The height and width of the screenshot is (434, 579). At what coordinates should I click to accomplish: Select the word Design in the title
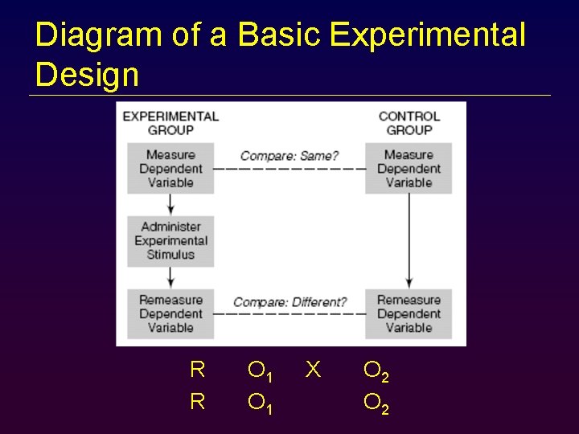tap(87, 75)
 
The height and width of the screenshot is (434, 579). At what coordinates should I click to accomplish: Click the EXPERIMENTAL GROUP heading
tap(170, 123)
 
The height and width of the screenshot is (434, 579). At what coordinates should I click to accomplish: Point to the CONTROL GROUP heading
tap(409, 123)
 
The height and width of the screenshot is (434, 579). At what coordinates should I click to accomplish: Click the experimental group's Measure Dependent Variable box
tap(170, 169)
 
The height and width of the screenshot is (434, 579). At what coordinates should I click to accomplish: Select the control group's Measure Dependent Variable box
tap(409, 169)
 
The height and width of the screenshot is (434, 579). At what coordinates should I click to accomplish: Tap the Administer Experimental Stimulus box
tap(170, 240)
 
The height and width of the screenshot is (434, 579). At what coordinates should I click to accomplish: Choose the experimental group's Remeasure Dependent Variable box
tap(170, 313)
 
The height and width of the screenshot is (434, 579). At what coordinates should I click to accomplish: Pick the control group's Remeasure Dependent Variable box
tap(409, 313)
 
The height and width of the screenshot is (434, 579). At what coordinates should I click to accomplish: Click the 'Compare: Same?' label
tap(289, 155)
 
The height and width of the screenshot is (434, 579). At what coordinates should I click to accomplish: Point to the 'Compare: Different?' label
tap(289, 302)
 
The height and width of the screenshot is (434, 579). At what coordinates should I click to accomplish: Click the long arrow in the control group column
tap(409, 241)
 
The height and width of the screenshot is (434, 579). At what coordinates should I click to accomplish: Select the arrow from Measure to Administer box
tap(170, 204)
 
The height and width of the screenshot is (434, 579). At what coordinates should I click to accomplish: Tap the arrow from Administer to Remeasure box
tap(170, 277)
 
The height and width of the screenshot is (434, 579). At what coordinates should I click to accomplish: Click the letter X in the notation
tap(314, 370)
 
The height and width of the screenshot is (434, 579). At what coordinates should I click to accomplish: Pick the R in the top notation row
tap(197, 370)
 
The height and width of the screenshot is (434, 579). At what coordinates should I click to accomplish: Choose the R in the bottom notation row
tap(197, 401)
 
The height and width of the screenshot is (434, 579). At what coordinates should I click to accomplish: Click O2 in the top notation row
tap(376, 371)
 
